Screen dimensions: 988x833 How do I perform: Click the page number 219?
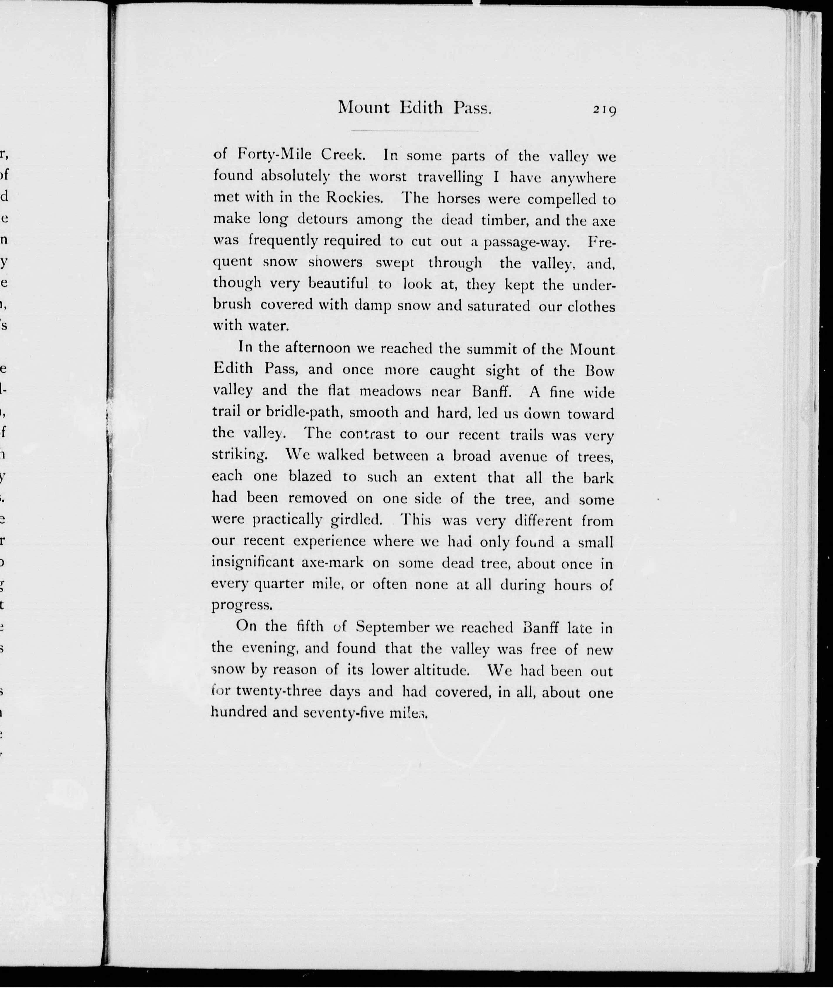605,110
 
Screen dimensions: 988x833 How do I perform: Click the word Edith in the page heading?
421,108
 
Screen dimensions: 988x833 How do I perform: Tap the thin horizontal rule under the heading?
415,131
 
